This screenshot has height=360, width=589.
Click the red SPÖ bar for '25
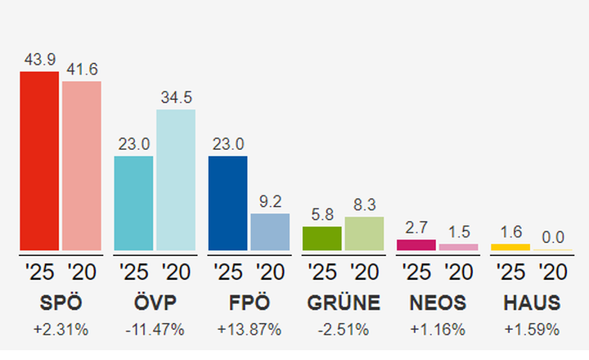point(39,161)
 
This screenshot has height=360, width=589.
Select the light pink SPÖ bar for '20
point(82,165)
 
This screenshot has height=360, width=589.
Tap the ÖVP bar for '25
point(133,203)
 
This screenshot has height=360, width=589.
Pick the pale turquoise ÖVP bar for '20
point(176,180)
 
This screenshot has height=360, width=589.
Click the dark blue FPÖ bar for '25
point(227,203)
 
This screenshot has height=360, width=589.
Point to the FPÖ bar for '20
point(270,232)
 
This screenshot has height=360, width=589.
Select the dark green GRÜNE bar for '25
point(321,238)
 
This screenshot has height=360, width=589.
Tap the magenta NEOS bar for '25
point(416,245)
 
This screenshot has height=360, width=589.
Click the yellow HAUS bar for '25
point(510,246)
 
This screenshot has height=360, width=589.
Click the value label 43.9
point(39,61)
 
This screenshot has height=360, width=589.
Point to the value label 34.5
point(176,98)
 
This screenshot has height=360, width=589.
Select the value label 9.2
point(270,201)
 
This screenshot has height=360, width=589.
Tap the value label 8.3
point(364,205)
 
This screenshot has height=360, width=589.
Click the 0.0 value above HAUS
point(553,237)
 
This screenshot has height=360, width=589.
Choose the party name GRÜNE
point(344,304)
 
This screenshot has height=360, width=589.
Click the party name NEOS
point(438,304)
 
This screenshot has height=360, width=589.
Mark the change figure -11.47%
point(155,330)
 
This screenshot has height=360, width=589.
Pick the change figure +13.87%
point(250,330)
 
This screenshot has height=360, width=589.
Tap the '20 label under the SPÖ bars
point(82,272)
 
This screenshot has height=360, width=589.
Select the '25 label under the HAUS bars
point(510,272)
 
